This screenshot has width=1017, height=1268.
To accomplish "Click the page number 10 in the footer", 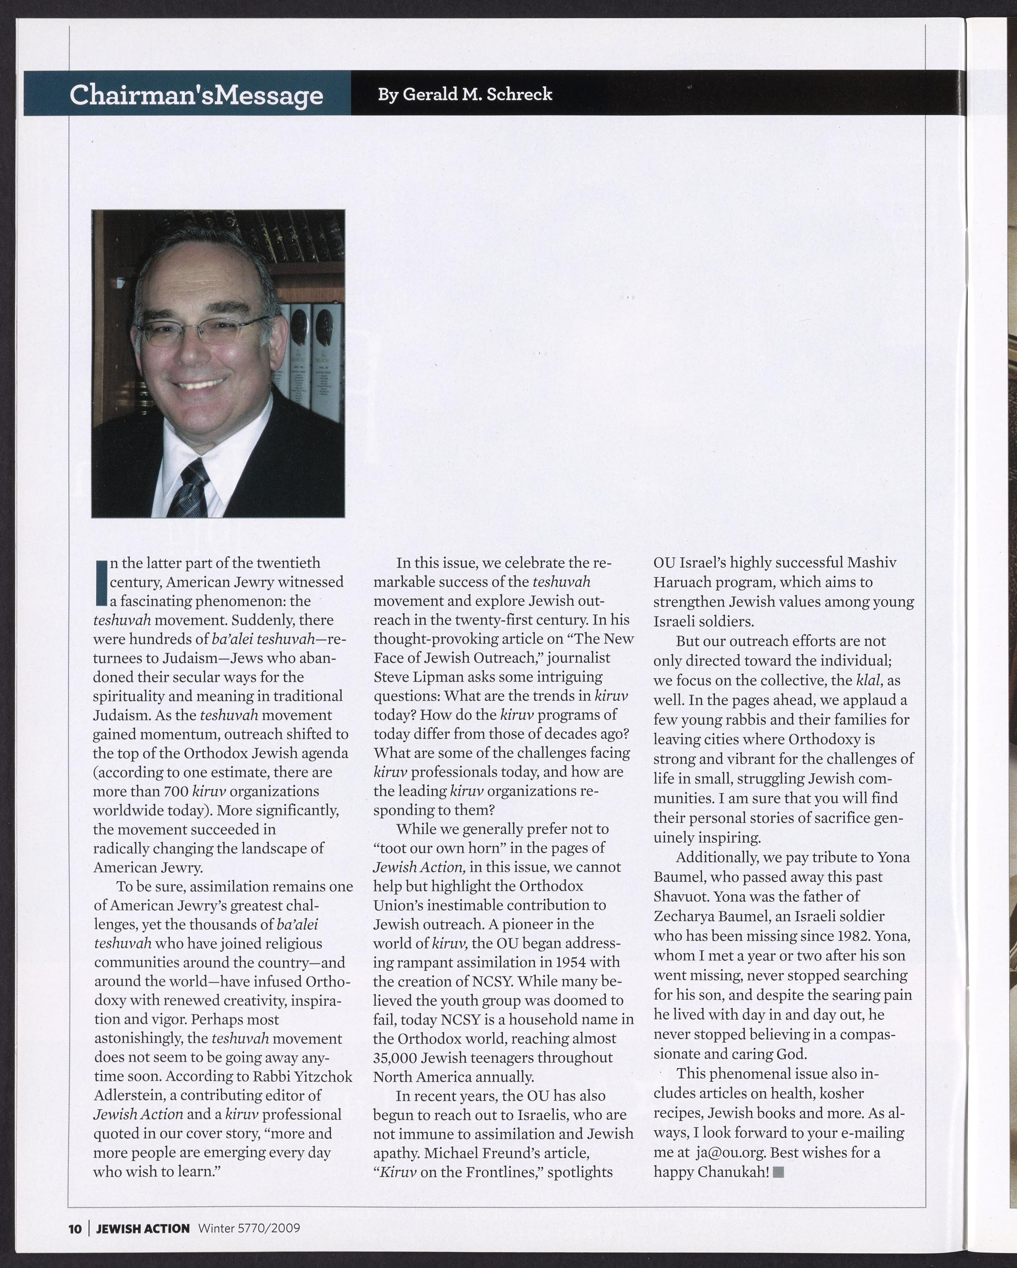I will (75, 1229).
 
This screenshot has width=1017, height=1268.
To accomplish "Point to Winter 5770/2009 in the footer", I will (249, 1229).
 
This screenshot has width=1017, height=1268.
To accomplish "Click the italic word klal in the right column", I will (869, 681).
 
